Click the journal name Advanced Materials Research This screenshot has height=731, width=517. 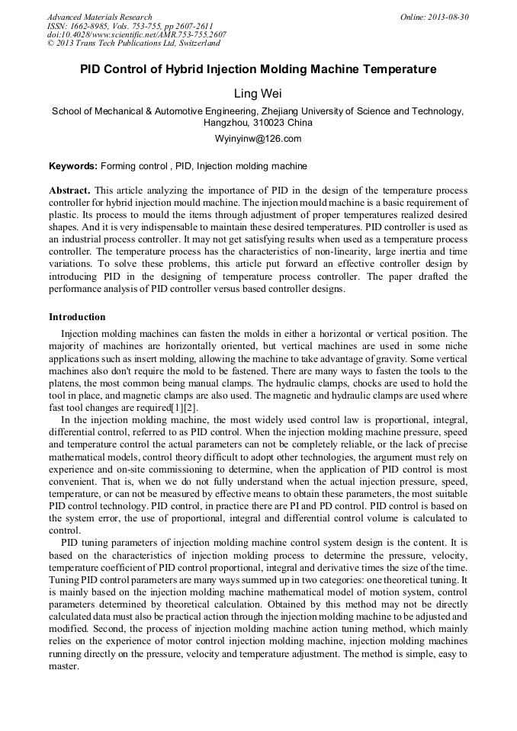point(99,17)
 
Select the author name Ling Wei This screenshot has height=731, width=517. point(258,94)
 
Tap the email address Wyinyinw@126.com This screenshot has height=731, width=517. point(258,139)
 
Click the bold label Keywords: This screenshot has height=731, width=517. point(73,166)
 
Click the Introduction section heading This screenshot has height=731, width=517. point(77,317)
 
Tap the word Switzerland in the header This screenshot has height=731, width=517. point(194,44)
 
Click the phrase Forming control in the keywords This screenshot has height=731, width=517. point(134,166)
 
